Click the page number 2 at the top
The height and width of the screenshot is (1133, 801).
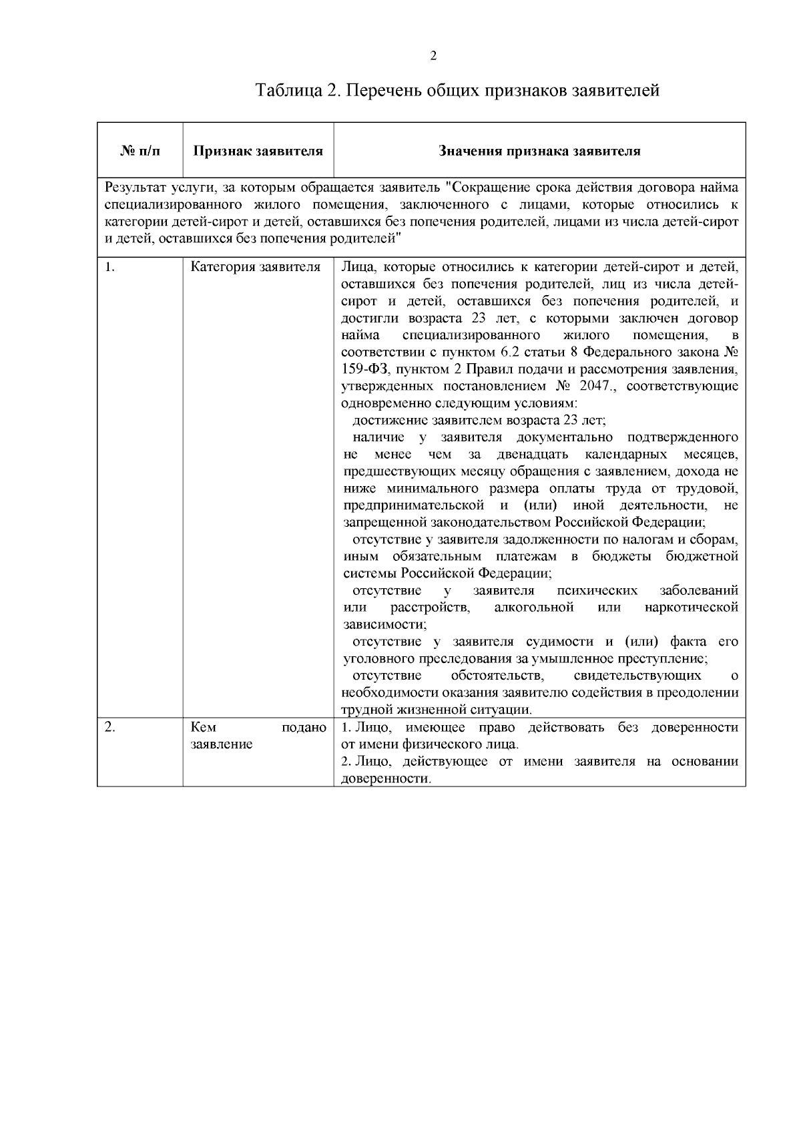coord(433,56)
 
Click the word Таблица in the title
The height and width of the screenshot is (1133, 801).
coord(288,90)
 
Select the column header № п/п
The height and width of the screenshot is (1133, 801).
coord(140,152)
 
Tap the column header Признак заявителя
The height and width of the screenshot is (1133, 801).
coord(258,152)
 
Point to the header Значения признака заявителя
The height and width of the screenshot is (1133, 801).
coord(539,152)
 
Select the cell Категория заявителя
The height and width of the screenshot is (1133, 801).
coord(256,268)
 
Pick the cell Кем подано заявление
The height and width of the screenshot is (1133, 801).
coord(258,736)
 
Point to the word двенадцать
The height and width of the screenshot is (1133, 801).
coord(533,455)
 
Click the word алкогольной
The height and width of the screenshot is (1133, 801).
coord(534,608)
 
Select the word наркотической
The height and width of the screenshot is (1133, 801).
coord(692,608)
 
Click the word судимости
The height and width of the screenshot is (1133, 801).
coord(561,642)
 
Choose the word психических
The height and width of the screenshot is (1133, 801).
coord(597,591)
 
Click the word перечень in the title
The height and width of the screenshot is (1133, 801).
coord(384,90)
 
